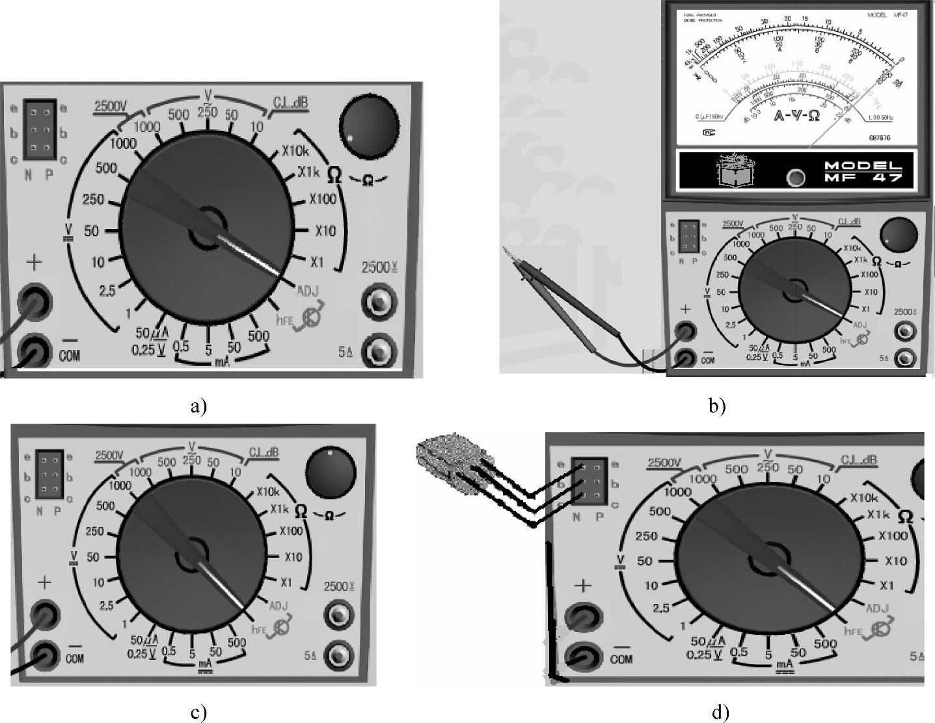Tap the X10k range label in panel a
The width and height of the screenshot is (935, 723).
click(295, 152)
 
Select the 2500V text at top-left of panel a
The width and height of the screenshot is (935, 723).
click(112, 106)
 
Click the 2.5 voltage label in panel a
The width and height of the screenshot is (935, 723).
click(107, 291)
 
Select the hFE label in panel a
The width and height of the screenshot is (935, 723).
click(284, 320)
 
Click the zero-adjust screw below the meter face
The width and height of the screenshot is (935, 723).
click(796, 176)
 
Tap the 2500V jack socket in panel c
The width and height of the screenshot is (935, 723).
click(339, 614)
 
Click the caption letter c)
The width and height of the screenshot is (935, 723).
click(198, 713)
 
